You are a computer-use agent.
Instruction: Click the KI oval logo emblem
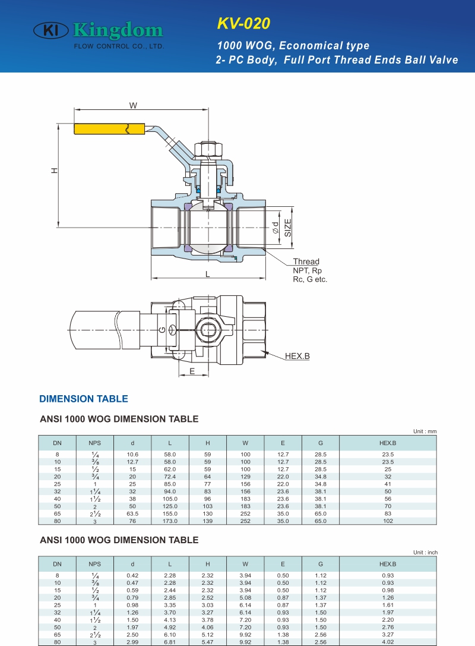click(x=50, y=30)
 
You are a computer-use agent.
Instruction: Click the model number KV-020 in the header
click(x=243, y=24)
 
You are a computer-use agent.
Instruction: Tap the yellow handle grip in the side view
click(x=109, y=129)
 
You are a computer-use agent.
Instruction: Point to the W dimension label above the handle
click(x=133, y=105)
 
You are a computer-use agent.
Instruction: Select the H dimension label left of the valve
click(x=55, y=170)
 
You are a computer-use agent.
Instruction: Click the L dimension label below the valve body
click(x=208, y=275)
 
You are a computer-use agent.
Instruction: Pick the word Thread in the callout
click(x=306, y=261)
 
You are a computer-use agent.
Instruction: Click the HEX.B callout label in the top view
click(x=297, y=356)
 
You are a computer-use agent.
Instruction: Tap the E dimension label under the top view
click(x=192, y=371)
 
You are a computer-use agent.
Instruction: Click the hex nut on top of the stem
click(x=208, y=150)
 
